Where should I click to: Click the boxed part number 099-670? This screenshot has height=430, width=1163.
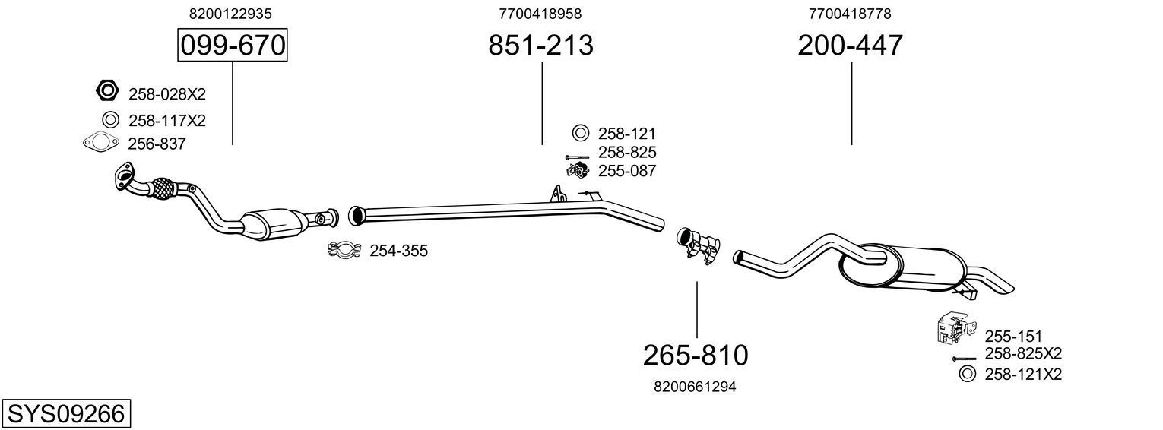coord(232,46)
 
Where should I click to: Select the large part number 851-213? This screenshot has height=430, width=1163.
coord(540,46)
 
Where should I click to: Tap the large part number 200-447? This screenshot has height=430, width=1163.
coord(850,46)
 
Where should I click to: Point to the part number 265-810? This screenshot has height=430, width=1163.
coord(696,355)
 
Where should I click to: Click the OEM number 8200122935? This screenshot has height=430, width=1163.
coord(230,14)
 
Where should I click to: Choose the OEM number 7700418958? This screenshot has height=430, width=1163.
coord(540,14)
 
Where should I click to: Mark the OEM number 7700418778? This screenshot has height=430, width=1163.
coord(850,14)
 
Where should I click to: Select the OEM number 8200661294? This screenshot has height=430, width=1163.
coord(695,387)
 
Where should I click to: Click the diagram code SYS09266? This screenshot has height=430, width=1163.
coord(65,414)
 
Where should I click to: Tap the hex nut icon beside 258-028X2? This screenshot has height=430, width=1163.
coord(107,91)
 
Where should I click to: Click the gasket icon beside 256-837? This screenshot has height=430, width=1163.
coord(101,143)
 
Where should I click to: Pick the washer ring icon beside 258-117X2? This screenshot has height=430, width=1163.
coord(109,119)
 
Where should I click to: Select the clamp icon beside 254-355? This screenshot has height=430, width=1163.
coord(344,250)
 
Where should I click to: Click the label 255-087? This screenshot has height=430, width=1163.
coord(626,171)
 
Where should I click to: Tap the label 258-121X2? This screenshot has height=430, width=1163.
coord(1022,374)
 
